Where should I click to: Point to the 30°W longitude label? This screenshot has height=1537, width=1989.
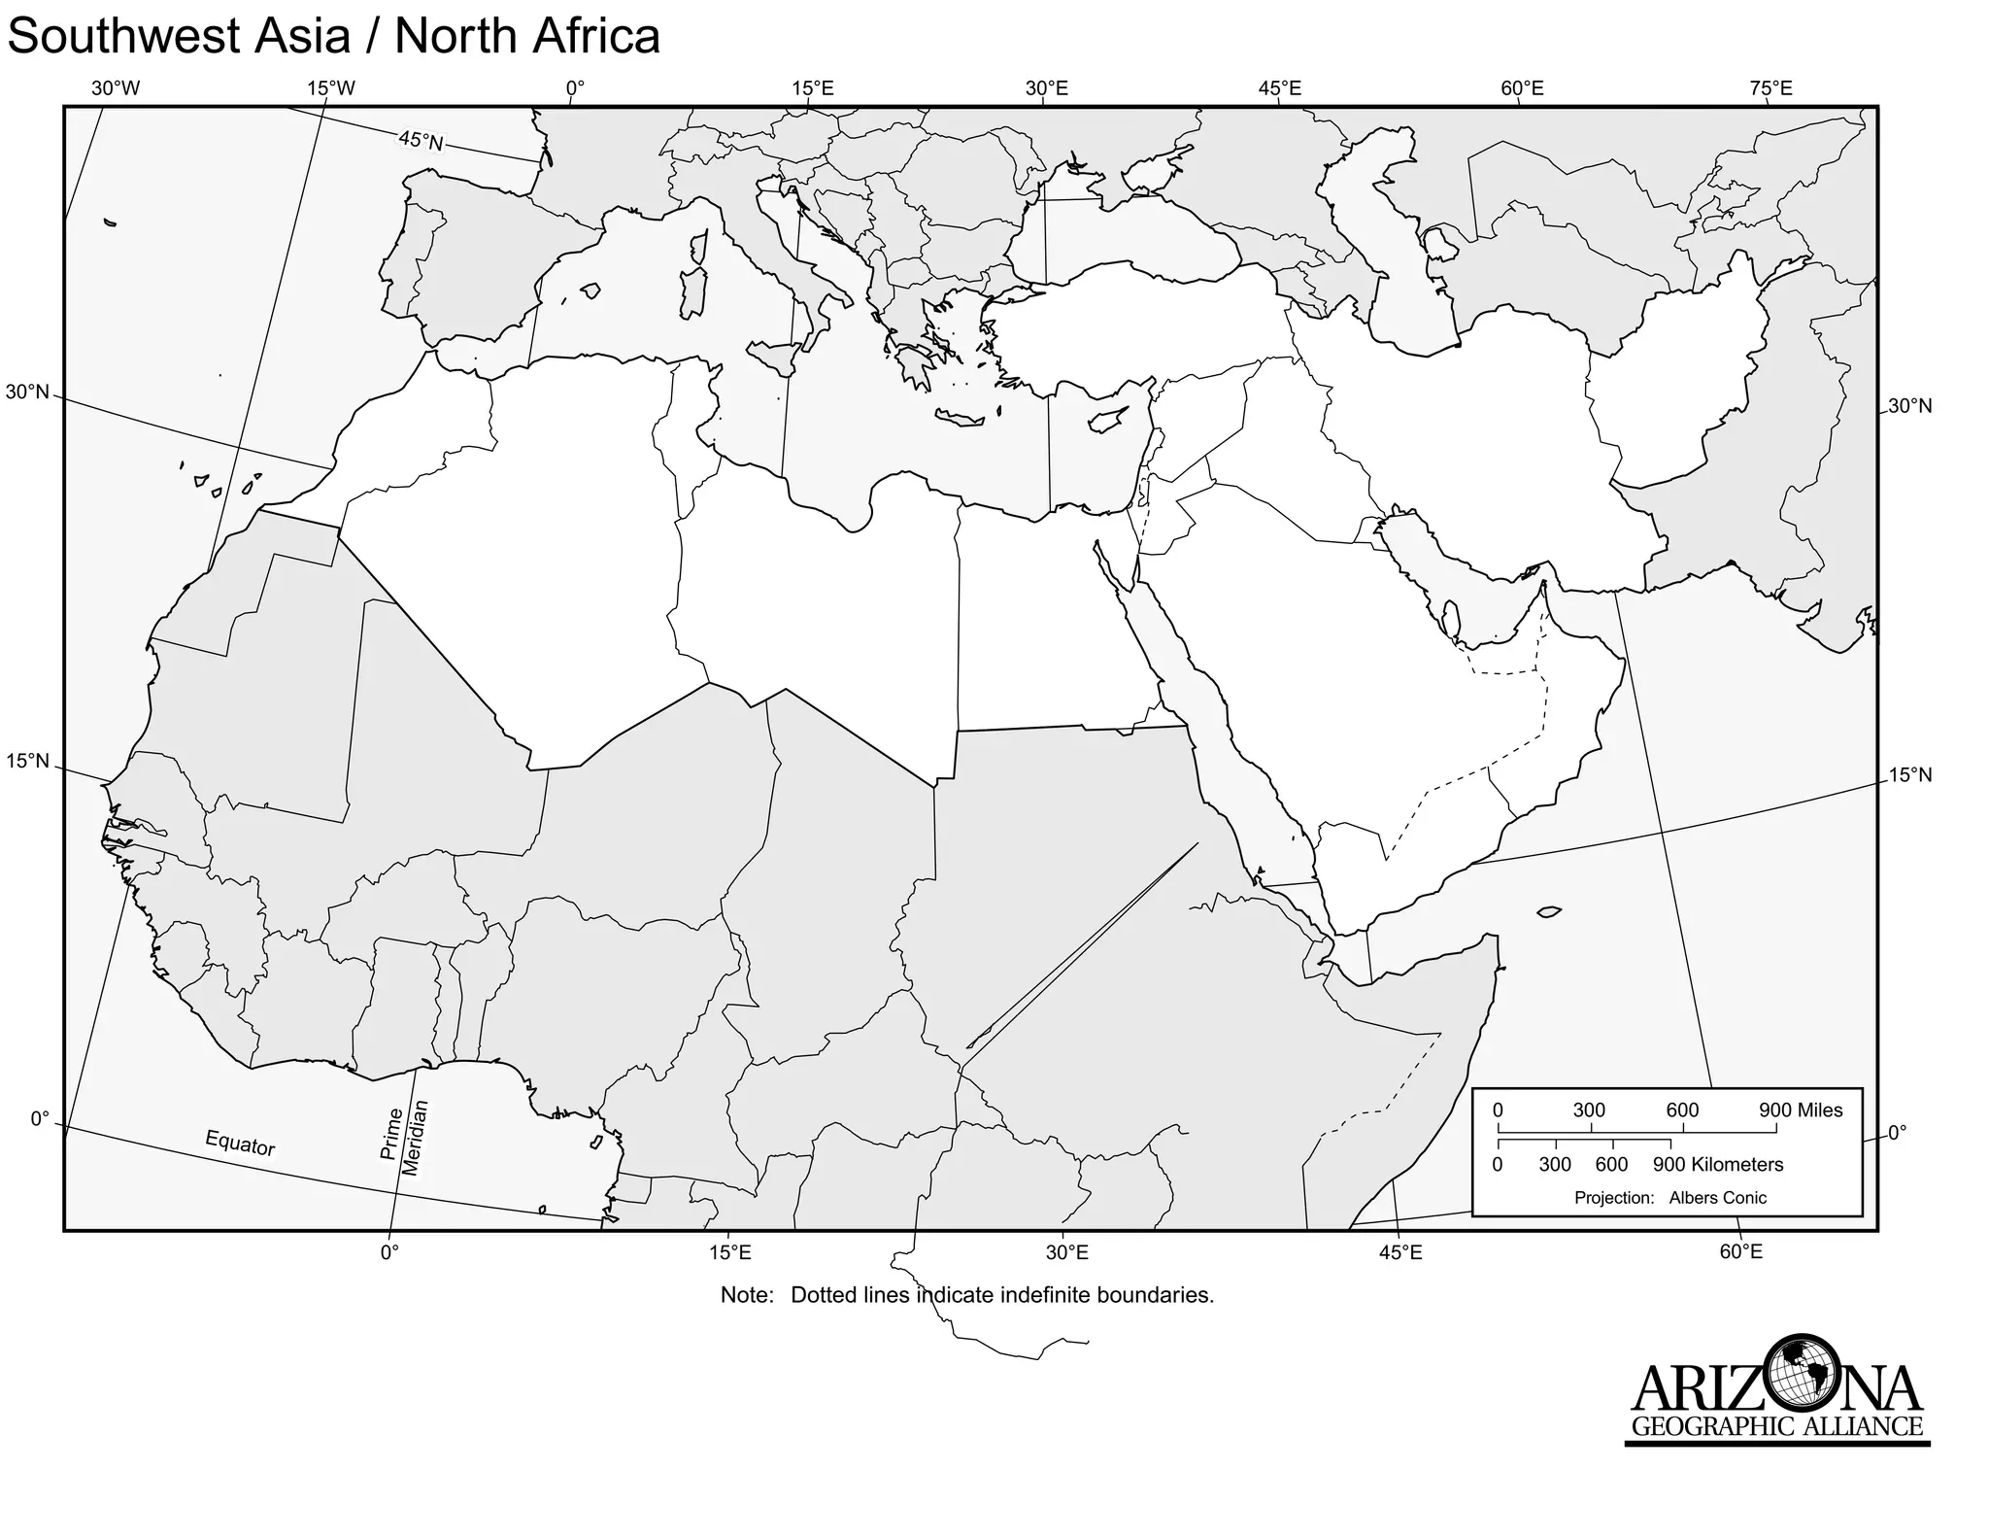(116, 88)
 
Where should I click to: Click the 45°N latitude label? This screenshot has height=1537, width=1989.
(421, 142)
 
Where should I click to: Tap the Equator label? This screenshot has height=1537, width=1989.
(240, 1144)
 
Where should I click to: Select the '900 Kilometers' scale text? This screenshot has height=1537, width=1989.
(1718, 1164)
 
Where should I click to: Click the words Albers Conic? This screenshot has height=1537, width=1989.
(1717, 1198)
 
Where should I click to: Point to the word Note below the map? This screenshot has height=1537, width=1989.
(746, 1295)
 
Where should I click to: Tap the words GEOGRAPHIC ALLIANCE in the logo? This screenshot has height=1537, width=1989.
(1776, 1427)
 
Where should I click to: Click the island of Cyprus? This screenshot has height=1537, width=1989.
(1105, 421)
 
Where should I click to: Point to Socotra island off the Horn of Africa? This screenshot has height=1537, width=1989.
(1549, 911)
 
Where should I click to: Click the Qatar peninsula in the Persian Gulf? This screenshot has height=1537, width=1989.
(1453, 620)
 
